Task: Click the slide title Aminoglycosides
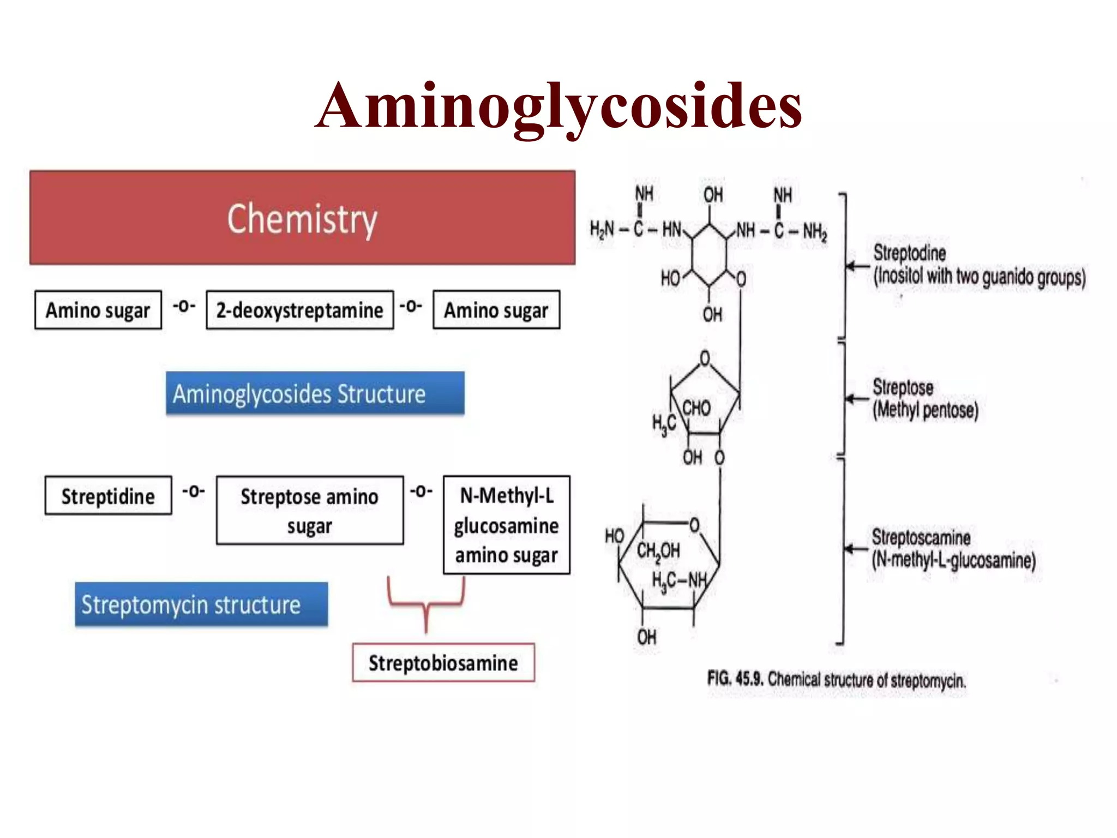558,106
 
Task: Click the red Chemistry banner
302,218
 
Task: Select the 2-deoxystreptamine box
299,310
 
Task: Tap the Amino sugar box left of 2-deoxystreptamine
98,310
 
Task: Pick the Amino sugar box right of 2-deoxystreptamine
496,310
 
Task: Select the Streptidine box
108,496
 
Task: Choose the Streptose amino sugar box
310,511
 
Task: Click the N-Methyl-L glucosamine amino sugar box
507,525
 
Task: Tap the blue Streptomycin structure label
201,604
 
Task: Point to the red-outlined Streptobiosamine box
443,663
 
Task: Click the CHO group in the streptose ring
696,408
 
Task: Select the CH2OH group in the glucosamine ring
658,551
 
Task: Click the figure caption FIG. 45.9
837,680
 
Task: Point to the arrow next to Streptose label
856,399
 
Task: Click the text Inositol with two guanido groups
980,277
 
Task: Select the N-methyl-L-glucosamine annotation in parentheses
953,560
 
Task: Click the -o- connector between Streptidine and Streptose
194,491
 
